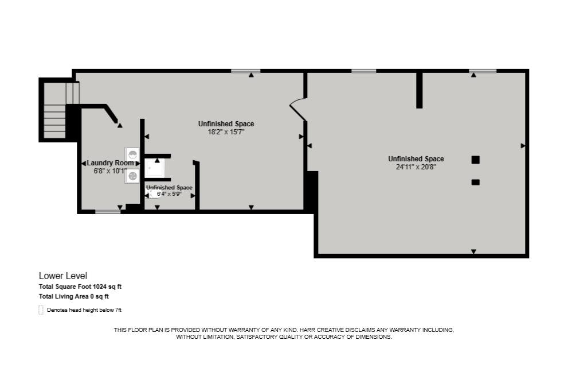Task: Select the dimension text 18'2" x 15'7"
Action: coord(226,132)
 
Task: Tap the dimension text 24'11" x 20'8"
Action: coord(416,167)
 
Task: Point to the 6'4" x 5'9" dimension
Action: coord(169,194)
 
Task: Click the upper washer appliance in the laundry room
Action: coord(132,154)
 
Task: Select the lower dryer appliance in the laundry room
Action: coord(132,176)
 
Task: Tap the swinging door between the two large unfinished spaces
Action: coord(298,109)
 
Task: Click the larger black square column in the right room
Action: coord(475,160)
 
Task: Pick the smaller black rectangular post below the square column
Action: coord(475,183)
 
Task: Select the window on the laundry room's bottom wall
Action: coord(108,212)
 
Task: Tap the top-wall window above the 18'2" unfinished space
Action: coord(245,71)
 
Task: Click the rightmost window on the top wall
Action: coord(482,71)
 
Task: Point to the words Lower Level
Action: coord(63,276)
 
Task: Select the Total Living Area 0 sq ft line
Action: coord(73,296)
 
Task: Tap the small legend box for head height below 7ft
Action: coord(41,310)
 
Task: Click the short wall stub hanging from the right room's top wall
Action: coord(419,90)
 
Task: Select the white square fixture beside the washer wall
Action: coord(154,168)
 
